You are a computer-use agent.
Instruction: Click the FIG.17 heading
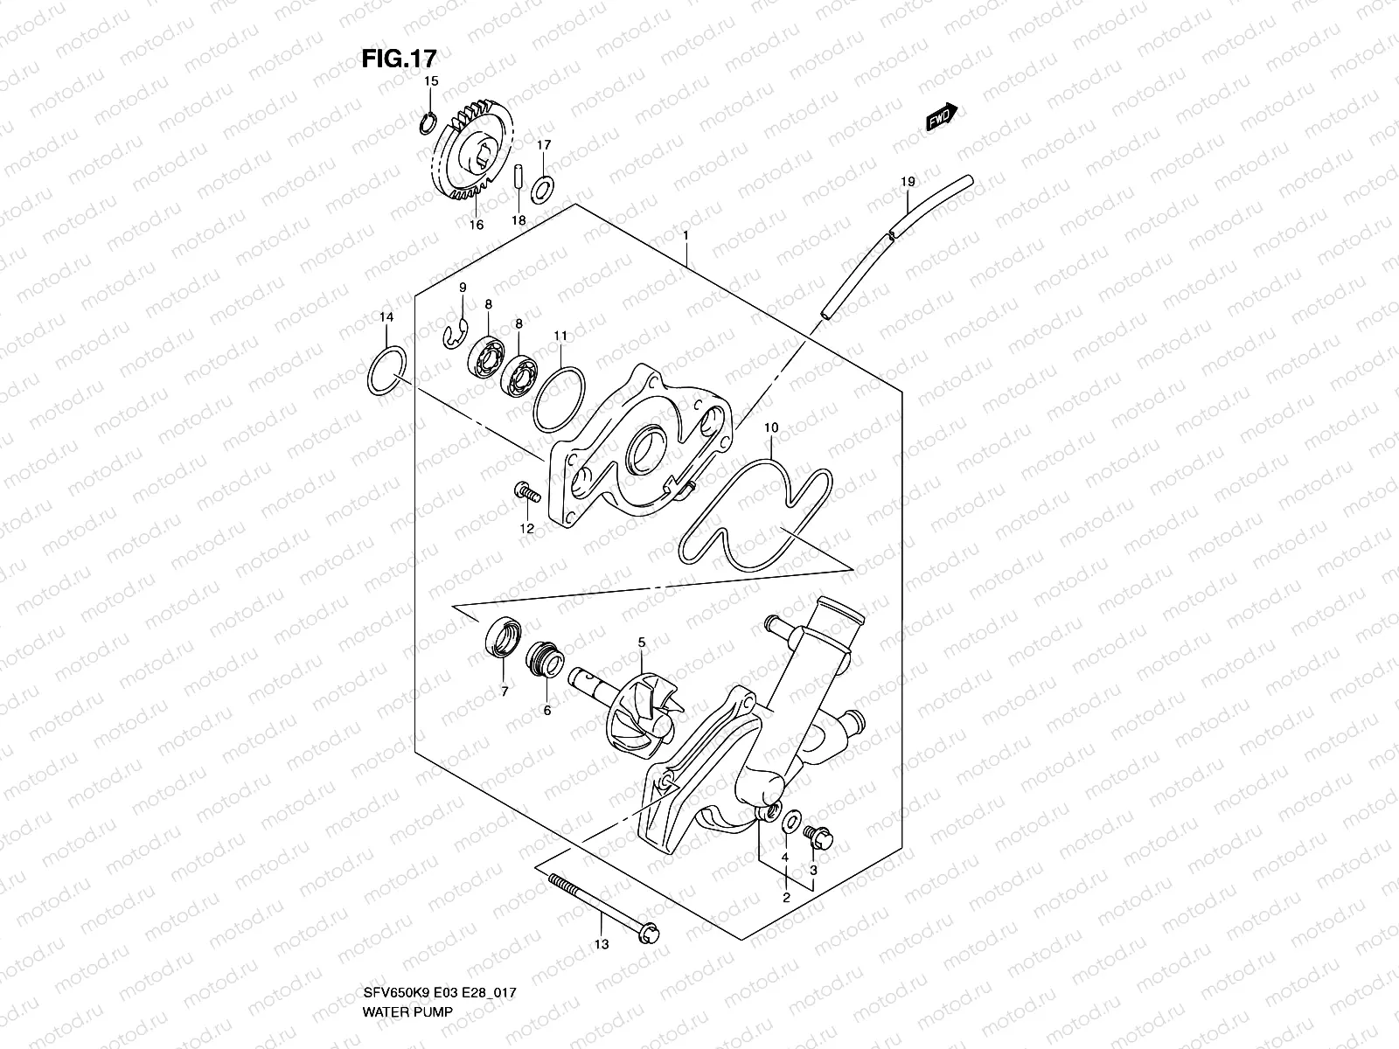(399, 58)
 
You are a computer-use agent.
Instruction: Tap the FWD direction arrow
(942, 117)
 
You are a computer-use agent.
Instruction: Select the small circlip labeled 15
(428, 124)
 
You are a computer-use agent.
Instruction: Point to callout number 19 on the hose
(908, 182)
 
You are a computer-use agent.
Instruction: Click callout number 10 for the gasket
(770, 428)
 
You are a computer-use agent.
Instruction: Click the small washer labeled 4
(789, 821)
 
